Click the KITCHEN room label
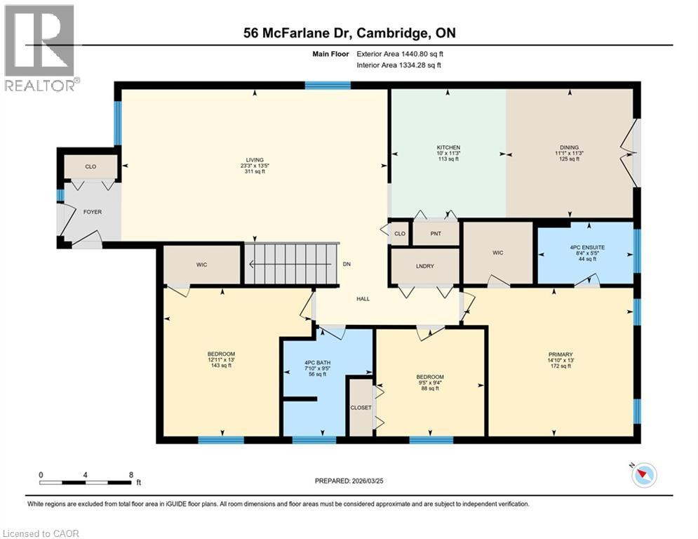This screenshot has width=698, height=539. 448,148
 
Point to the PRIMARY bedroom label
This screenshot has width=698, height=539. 561,354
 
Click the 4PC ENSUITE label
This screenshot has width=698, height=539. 586,247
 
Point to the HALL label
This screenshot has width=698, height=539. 363,299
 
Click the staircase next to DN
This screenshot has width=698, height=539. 291,264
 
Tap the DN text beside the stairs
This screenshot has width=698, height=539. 347,265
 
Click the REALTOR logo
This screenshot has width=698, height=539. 40,48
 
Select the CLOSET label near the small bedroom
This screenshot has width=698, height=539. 361,407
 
